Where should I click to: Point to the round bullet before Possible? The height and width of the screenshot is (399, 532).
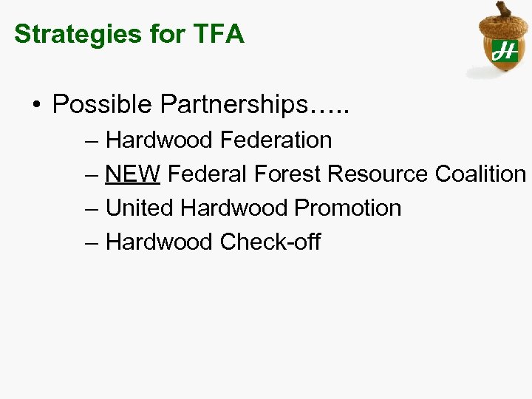(37, 105)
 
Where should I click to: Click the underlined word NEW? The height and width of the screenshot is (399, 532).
(133, 174)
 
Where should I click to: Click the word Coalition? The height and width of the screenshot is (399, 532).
(480, 174)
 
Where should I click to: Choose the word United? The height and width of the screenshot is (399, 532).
(140, 208)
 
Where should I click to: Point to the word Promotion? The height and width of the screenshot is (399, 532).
(347, 208)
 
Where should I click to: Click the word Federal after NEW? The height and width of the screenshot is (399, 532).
(208, 174)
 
